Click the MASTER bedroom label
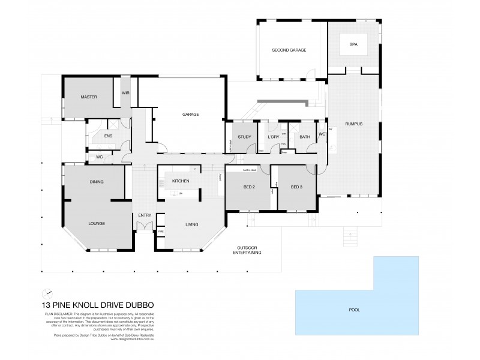coord(89,97)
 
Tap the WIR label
coord(125,93)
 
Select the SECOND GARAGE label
coord(289,50)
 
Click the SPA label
coord(353,44)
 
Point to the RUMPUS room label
coord(354,124)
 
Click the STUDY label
coord(244,137)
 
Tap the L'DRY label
coord(274,137)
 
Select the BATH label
coord(304,137)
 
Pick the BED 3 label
coord(297,187)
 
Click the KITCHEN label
coord(181,181)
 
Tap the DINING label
coord(97,181)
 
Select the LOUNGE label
coord(97,223)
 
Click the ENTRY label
coord(145,215)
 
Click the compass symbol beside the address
coord(47,293)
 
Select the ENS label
coord(108,136)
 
